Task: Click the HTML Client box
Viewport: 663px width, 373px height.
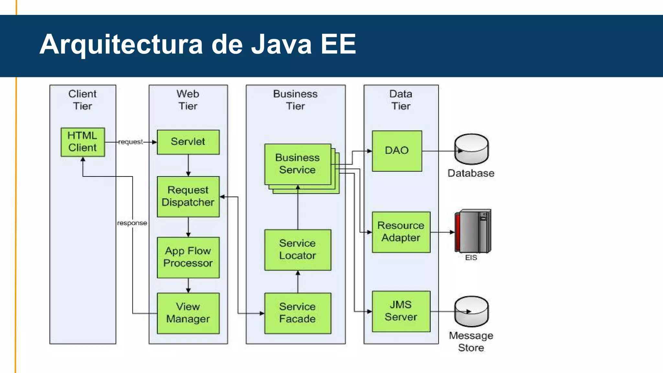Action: (x=83, y=142)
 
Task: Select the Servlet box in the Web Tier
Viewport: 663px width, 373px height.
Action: (x=188, y=142)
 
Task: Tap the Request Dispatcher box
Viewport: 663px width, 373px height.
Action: (x=188, y=196)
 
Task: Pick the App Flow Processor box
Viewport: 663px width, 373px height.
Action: (x=188, y=257)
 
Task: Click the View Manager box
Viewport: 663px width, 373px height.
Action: (x=188, y=313)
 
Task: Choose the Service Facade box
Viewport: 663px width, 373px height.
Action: (x=298, y=313)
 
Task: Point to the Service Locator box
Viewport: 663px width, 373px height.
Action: (x=298, y=250)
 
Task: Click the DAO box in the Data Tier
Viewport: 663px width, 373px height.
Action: (x=397, y=151)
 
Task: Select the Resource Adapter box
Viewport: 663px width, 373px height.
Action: (x=401, y=232)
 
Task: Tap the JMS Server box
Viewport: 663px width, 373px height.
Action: (x=401, y=311)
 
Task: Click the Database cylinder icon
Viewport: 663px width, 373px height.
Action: (x=471, y=149)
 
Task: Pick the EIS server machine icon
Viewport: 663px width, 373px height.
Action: (x=473, y=231)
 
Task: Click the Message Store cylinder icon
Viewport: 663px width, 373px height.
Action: (x=471, y=311)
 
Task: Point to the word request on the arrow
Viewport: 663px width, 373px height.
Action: (x=130, y=142)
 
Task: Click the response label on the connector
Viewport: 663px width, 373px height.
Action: (x=132, y=223)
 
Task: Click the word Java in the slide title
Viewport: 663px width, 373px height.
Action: (x=281, y=44)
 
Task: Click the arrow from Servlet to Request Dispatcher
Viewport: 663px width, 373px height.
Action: (x=188, y=165)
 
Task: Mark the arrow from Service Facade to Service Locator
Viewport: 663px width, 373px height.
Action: (x=298, y=282)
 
